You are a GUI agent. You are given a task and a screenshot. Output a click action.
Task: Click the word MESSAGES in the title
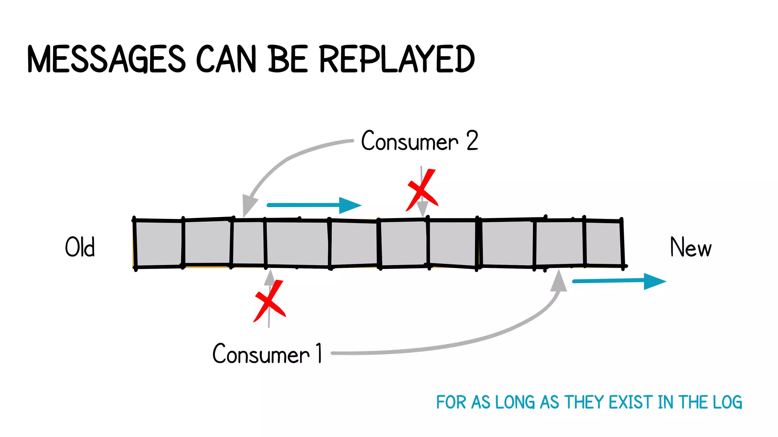pyautogui.click(x=106, y=59)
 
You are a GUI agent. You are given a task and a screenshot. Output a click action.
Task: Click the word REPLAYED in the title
pyautogui.click(x=397, y=59)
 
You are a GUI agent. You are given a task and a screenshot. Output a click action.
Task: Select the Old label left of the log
pyautogui.click(x=80, y=247)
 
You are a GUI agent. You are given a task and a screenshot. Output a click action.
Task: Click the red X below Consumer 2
pyautogui.click(x=422, y=190)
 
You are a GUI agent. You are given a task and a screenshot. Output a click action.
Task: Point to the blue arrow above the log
pyautogui.click(x=314, y=205)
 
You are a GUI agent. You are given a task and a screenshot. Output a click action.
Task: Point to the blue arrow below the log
pyautogui.click(x=619, y=281)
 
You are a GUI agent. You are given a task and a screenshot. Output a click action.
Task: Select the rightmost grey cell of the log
pyautogui.click(x=603, y=243)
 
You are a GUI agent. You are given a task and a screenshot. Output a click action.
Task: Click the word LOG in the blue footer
pyautogui.click(x=727, y=402)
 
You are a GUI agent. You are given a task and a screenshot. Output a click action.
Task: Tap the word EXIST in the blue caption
pyautogui.click(x=631, y=402)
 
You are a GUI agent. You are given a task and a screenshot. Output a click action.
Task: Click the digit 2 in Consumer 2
pyautogui.click(x=472, y=141)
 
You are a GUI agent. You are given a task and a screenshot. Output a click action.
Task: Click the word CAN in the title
pyautogui.click(x=226, y=59)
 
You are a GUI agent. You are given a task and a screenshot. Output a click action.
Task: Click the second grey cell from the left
pyautogui.click(x=207, y=242)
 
